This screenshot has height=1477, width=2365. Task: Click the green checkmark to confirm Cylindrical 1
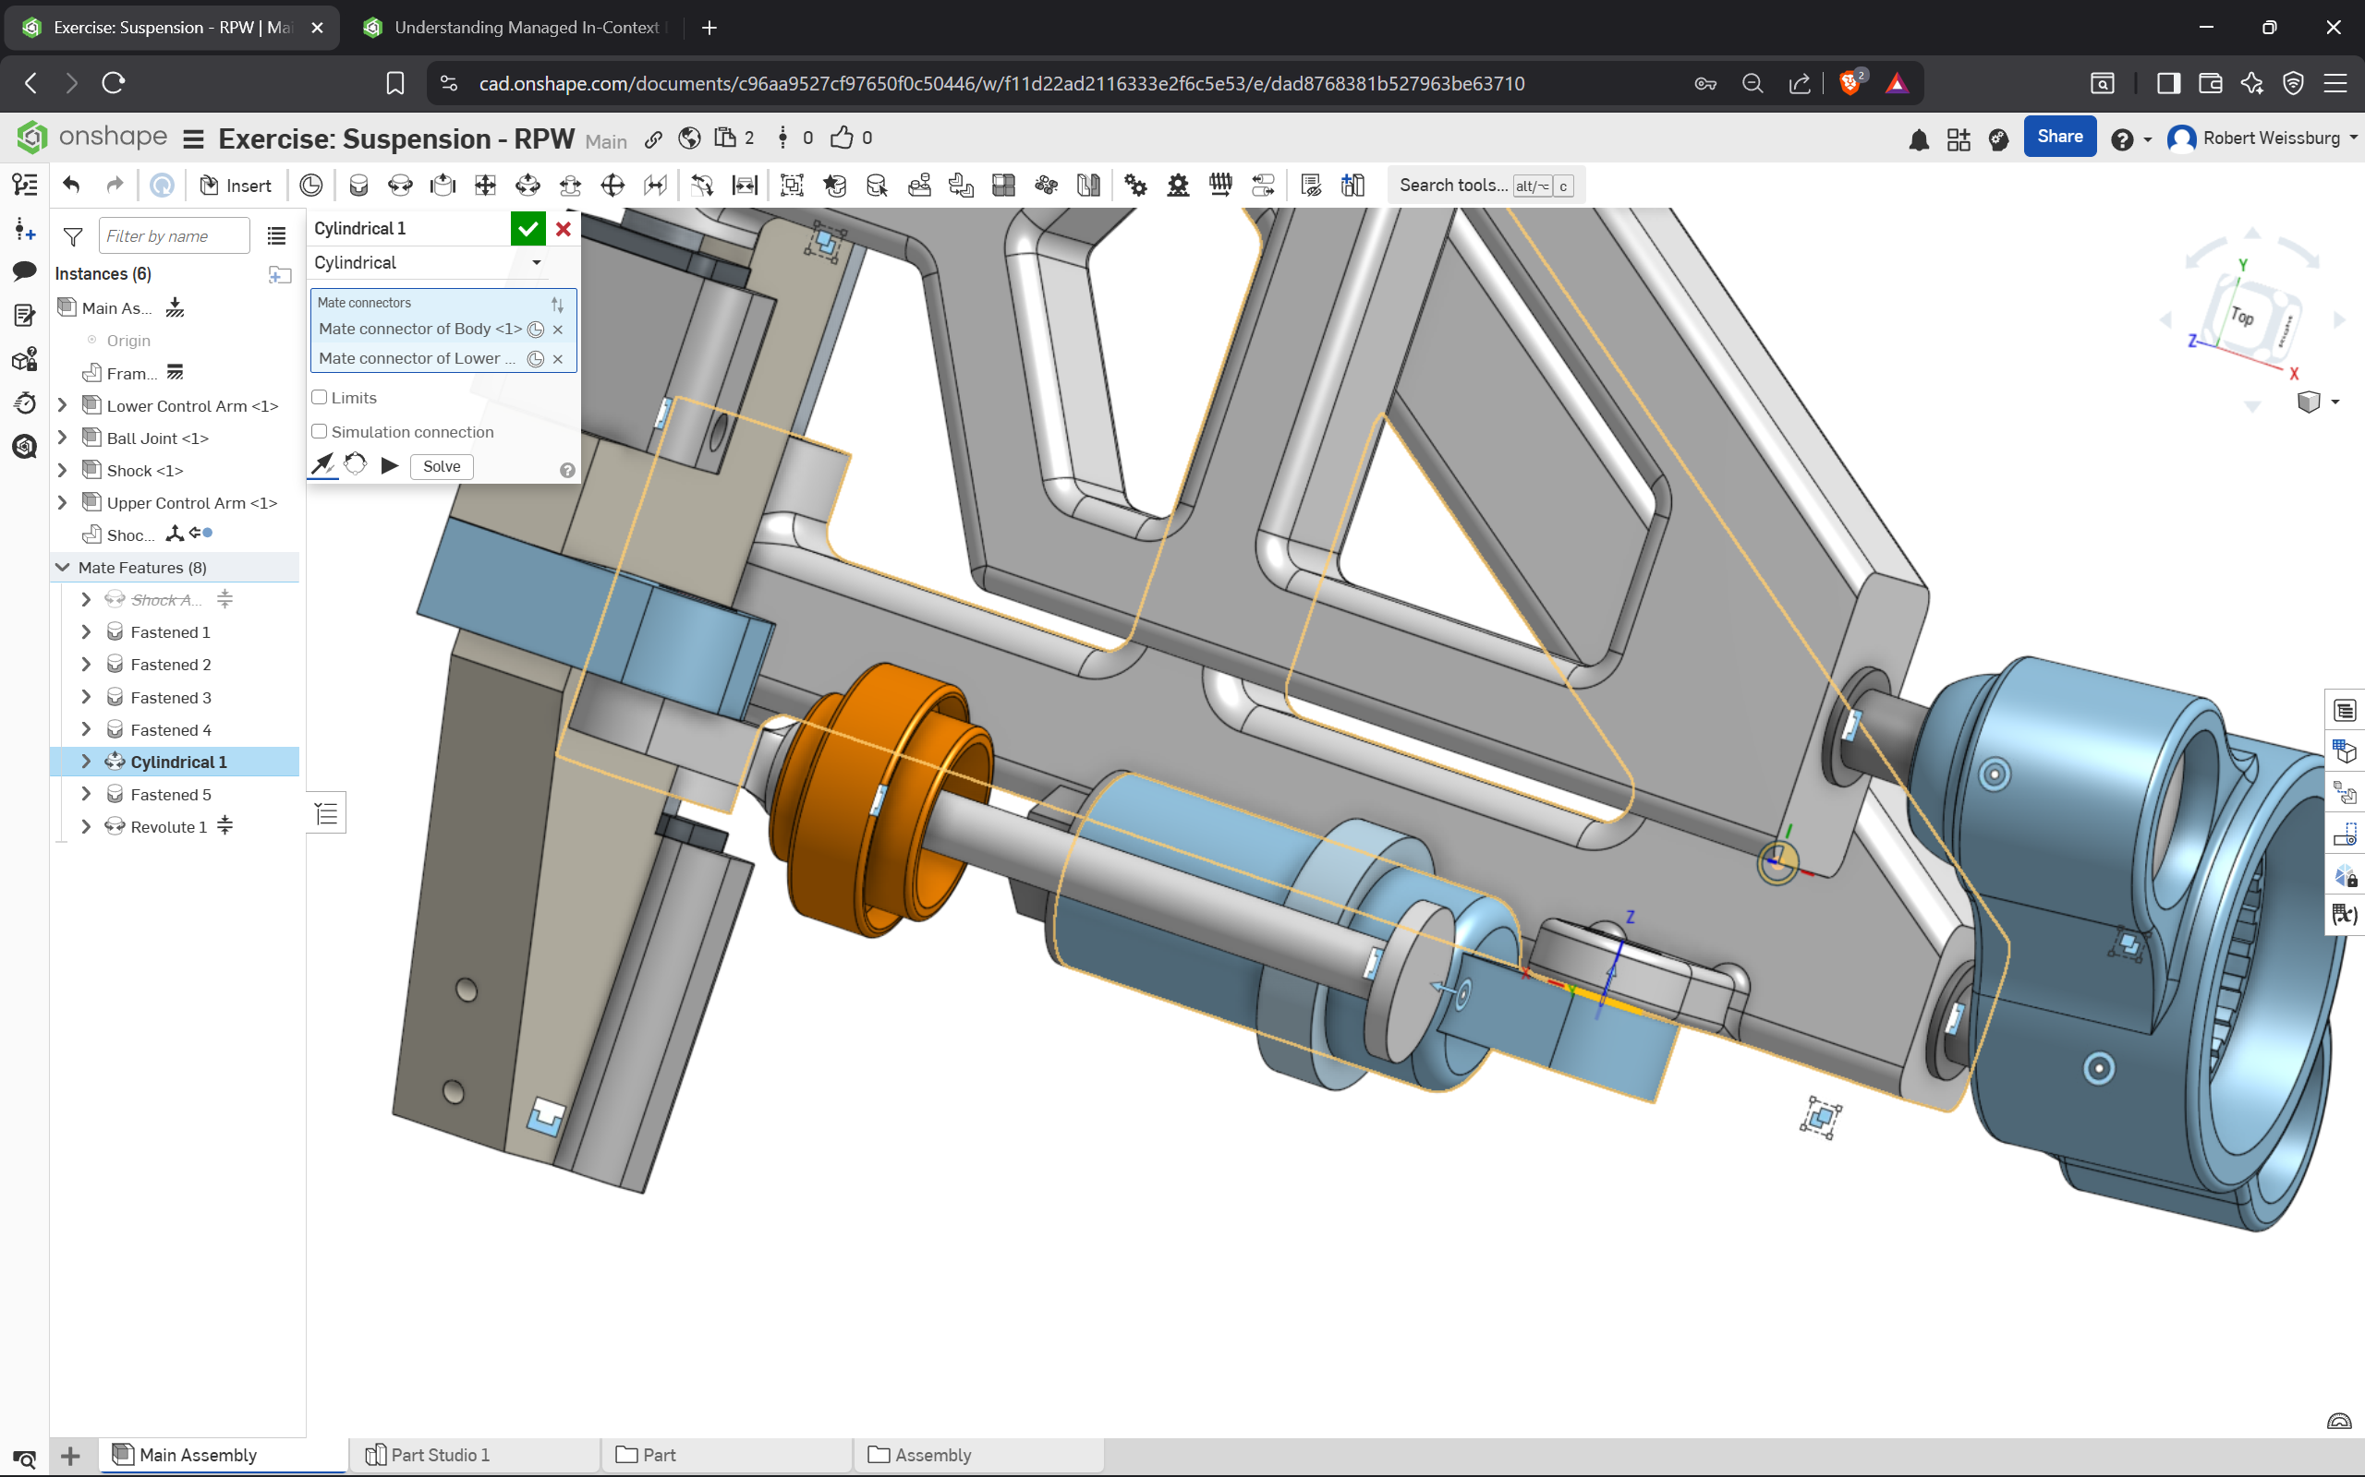tap(528, 229)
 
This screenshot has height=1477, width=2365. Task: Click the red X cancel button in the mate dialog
tap(564, 229)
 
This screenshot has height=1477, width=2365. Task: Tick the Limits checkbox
tap(320, 398)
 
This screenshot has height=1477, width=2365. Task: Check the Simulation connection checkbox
tap(320, 432)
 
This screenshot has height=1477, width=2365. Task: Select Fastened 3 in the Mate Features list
tap(171, 698)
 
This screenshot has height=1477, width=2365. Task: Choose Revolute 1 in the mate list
tap(169, 827)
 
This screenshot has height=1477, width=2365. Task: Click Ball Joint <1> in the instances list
tap(157, 438)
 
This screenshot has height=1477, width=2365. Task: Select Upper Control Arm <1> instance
tap(192, 503)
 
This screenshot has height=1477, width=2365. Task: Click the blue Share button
tap(2059, 137)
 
